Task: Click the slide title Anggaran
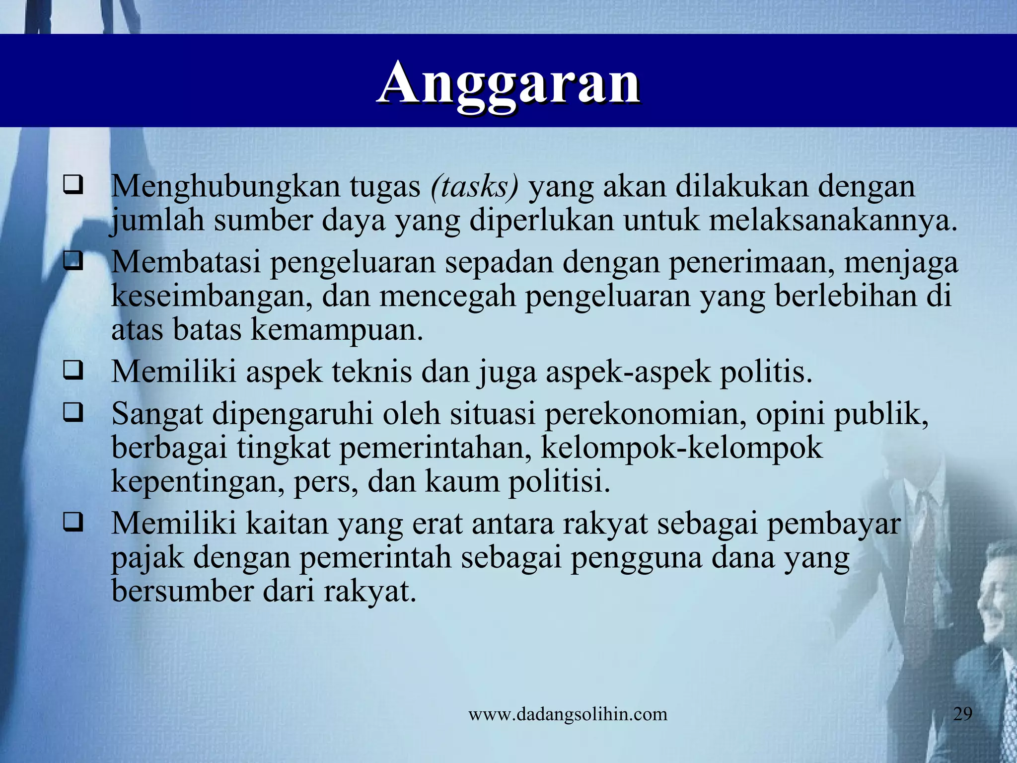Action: (508, 83)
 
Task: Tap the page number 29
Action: (962, 714)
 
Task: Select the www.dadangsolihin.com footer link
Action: (568, 715)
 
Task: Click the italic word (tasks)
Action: (475, 187)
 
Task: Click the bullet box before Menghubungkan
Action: (73, 187)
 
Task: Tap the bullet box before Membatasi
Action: (73, 261)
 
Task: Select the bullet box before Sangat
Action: (73, 412)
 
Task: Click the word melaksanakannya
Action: (832, 221)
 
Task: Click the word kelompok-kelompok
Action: (681, 448)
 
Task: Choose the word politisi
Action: (559, 481)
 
